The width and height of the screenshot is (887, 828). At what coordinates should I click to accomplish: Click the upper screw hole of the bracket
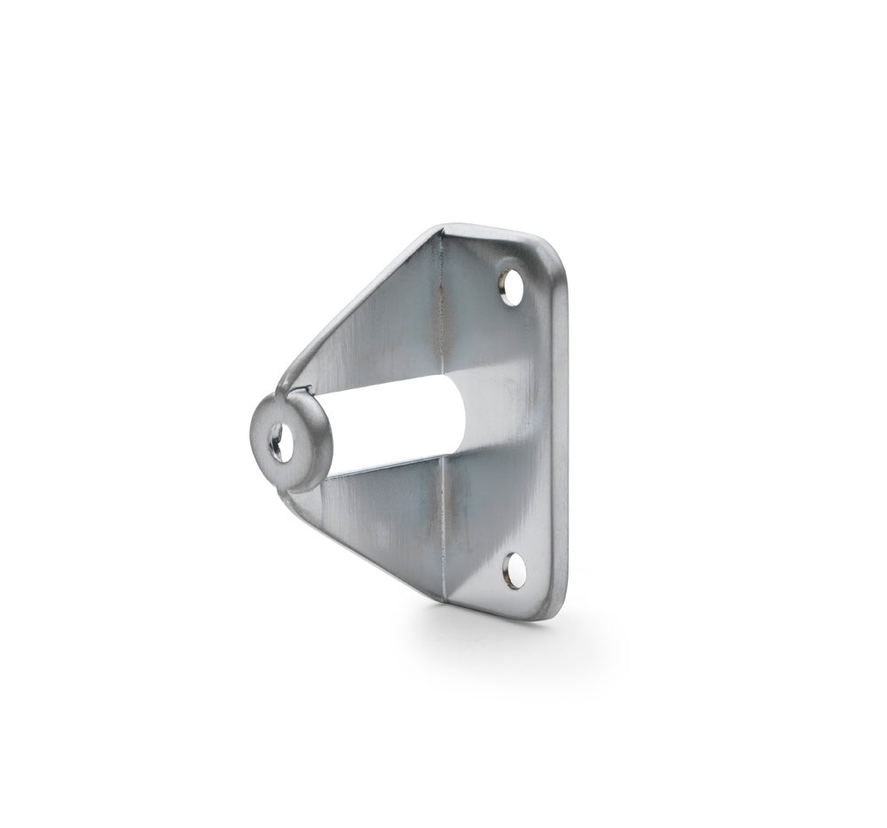click(x=511, y=287)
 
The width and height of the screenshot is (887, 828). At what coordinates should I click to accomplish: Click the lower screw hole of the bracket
click(x=513, y=571)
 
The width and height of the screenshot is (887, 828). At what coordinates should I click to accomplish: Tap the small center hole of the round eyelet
click(x=278, y=441)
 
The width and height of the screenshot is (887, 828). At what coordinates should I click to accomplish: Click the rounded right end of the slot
click(x=459, y=413)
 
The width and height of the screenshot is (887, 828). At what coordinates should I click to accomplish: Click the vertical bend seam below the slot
click(x=444, y=532)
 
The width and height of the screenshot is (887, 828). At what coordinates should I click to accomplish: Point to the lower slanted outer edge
click(x=364, y=554)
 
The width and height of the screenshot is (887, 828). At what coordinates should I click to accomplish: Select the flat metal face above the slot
click(x=381, y=346)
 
